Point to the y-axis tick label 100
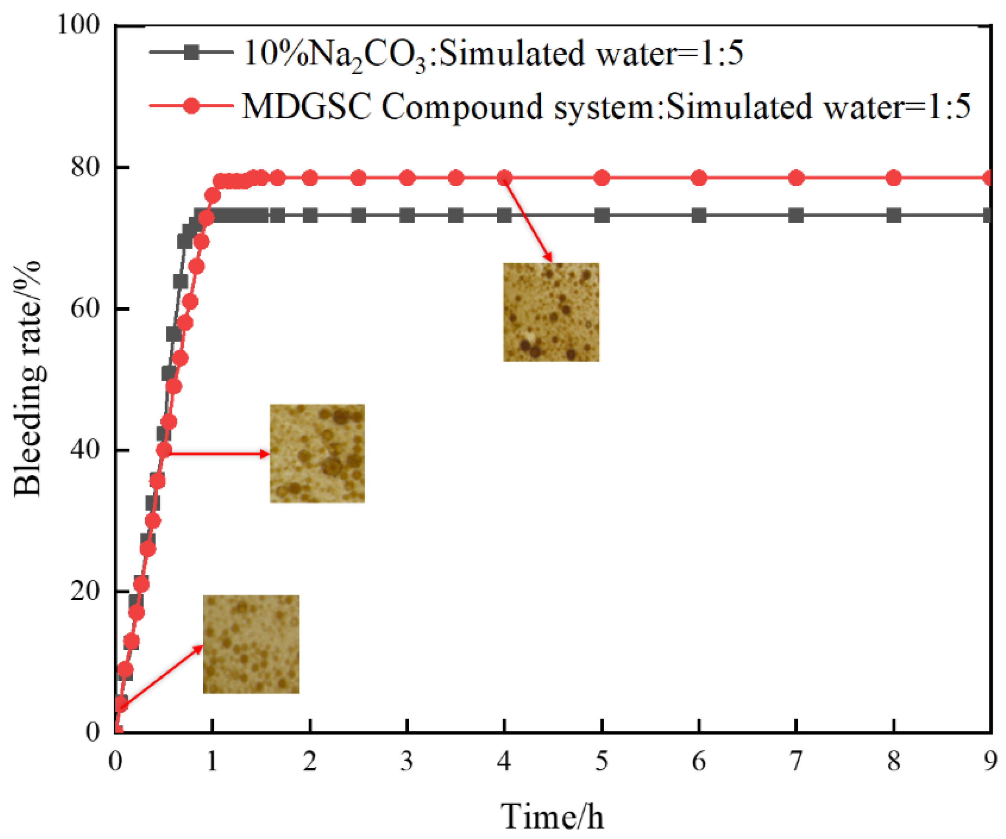tap(79, 24)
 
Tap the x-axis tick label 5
tap(602, 761)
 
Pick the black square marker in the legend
tap(192, 52)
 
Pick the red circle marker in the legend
tap(192, 105)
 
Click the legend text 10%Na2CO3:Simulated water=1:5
tap(494, 54)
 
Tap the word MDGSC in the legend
tap(307, 106)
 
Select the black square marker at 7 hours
tap(796, 215)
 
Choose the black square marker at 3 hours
tap(407, 215)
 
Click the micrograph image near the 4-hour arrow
tap(551, 312)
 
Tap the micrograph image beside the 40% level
tap(317, 453)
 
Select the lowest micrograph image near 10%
tap(251, 644)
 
